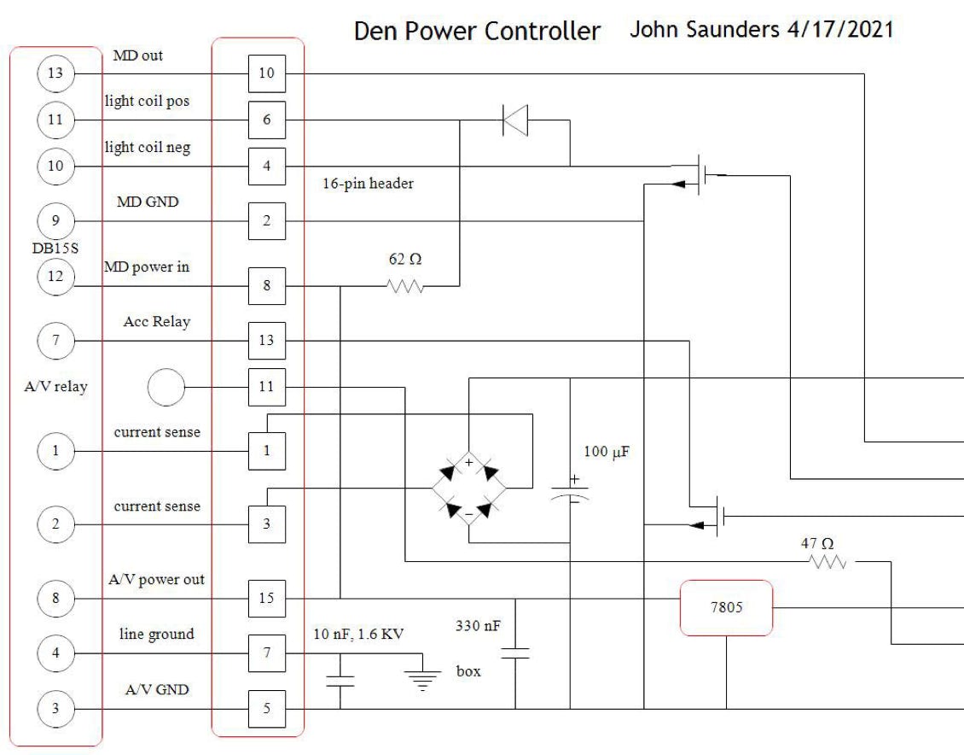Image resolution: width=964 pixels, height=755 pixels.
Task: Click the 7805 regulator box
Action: click(726, 608)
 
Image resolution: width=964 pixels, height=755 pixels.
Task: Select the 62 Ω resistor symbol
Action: click(406, 287)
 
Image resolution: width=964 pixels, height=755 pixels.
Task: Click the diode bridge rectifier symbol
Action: click(468, 489)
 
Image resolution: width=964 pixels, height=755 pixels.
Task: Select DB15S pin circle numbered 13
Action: click(55, 73)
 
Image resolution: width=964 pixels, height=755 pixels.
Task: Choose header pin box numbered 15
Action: click(266, 598)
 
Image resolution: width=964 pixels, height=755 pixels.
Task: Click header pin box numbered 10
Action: click(266, 73)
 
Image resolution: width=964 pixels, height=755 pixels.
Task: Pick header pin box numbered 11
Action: click(266, 387)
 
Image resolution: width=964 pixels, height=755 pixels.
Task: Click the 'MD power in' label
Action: click(153, 267)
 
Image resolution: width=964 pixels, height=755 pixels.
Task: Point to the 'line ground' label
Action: click(158, 634)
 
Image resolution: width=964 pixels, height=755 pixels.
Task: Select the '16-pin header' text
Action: click(368, 183)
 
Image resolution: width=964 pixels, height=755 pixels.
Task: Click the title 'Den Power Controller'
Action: click(477, 32)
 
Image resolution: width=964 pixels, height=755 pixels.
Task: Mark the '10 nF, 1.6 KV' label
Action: click(359, 634)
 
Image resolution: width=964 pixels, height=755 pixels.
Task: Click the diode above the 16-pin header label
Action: click(515, 120)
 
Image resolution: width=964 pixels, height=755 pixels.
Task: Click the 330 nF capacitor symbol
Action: click(516, 653)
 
